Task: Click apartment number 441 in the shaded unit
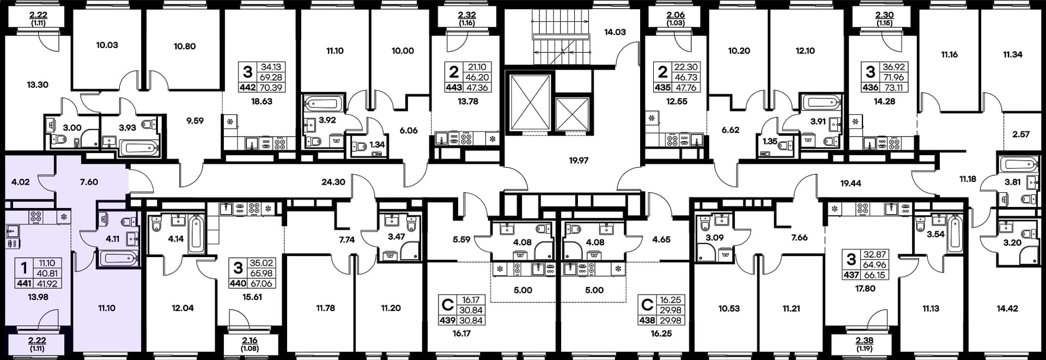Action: coord(24,284)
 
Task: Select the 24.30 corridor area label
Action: coord(333,182)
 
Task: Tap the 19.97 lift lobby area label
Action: coord(579,161)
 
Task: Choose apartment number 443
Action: coord(454,87)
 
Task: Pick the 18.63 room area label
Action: coord(261,101)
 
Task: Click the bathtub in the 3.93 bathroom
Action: coord(138,148)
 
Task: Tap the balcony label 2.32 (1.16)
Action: coord(467,19)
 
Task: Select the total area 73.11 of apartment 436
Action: coord(893,87)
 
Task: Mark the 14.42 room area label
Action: coord(1007,308)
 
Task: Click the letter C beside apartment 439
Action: coord(448,305)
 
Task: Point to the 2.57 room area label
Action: coord(1021,135)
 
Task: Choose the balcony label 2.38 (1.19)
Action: coord(865,344)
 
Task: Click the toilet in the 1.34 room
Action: coord(359,146)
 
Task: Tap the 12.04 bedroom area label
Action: coord(183,308)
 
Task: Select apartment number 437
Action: coord(852,275)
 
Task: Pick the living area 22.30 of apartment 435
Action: coord(686,67)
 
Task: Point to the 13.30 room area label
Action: coord(38,85)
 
